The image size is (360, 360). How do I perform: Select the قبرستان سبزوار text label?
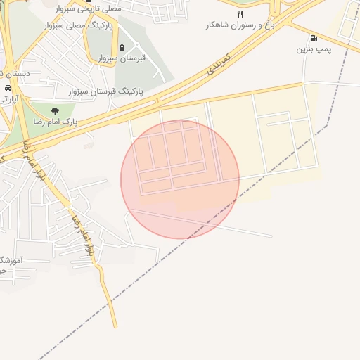(x=122, y=58)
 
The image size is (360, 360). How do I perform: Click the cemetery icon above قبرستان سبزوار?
(x=122, y=47)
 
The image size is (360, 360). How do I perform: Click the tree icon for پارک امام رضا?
(x=55, y=110)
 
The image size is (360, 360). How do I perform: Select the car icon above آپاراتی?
(x=7, y=89)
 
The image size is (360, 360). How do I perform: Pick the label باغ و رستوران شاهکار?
(x=239, y=25)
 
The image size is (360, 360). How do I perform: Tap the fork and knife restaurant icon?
(x=240, y=14)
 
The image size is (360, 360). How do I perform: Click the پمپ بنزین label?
(x=313, y=50)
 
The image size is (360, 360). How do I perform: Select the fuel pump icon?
(x=313, y=39)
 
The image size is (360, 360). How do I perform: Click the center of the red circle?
(x=180, y=179)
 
